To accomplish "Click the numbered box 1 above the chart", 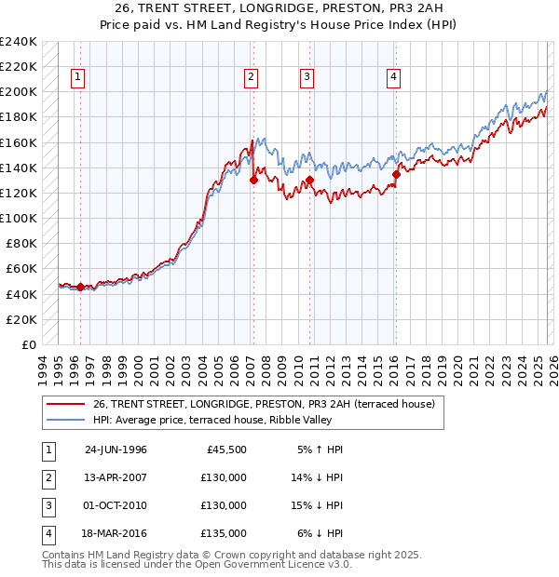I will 76,77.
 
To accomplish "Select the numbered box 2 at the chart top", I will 252,77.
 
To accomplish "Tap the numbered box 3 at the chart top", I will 307,77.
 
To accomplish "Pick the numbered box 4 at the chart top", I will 394,77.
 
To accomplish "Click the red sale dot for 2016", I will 396,174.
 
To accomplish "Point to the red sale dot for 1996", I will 80,288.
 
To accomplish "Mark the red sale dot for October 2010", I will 308,180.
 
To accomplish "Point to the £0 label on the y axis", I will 29,344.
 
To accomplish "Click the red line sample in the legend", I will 65,404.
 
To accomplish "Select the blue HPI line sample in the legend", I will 65,420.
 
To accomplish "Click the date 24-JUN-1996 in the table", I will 116,449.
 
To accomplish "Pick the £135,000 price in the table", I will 225,533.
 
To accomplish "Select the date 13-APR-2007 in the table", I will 116,477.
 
